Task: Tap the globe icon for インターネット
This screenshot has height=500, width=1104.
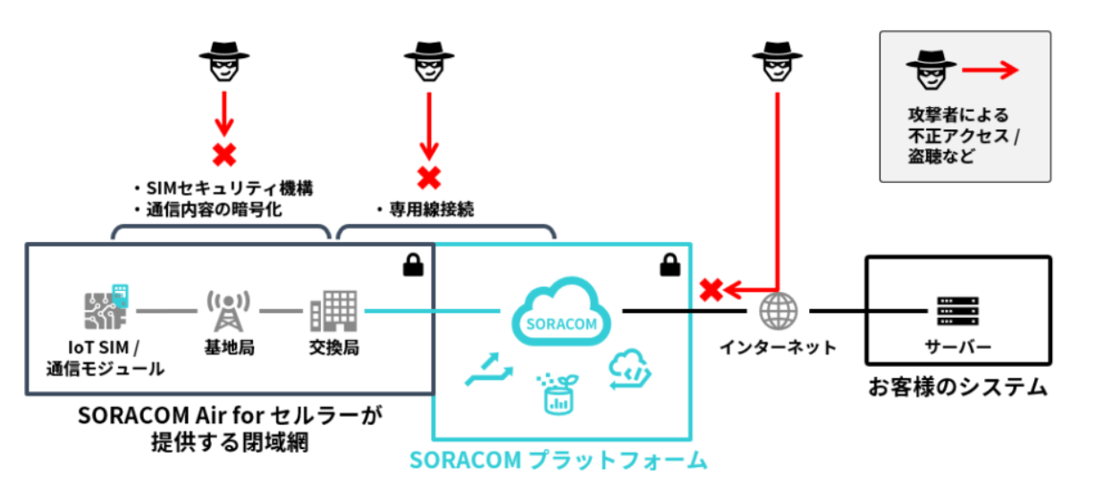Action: tap(776, 312)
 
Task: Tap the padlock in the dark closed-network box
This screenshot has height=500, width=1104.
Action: tap(412, 264)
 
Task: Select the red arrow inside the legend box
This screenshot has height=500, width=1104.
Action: tap(990, 71)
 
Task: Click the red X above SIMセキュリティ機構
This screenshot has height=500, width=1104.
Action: tap(223, 154)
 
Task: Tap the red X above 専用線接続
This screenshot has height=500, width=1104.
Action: tap(429, 177)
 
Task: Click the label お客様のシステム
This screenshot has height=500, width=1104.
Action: tap(957, 387)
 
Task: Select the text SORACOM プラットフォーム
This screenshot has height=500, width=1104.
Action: tap(559, 461)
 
